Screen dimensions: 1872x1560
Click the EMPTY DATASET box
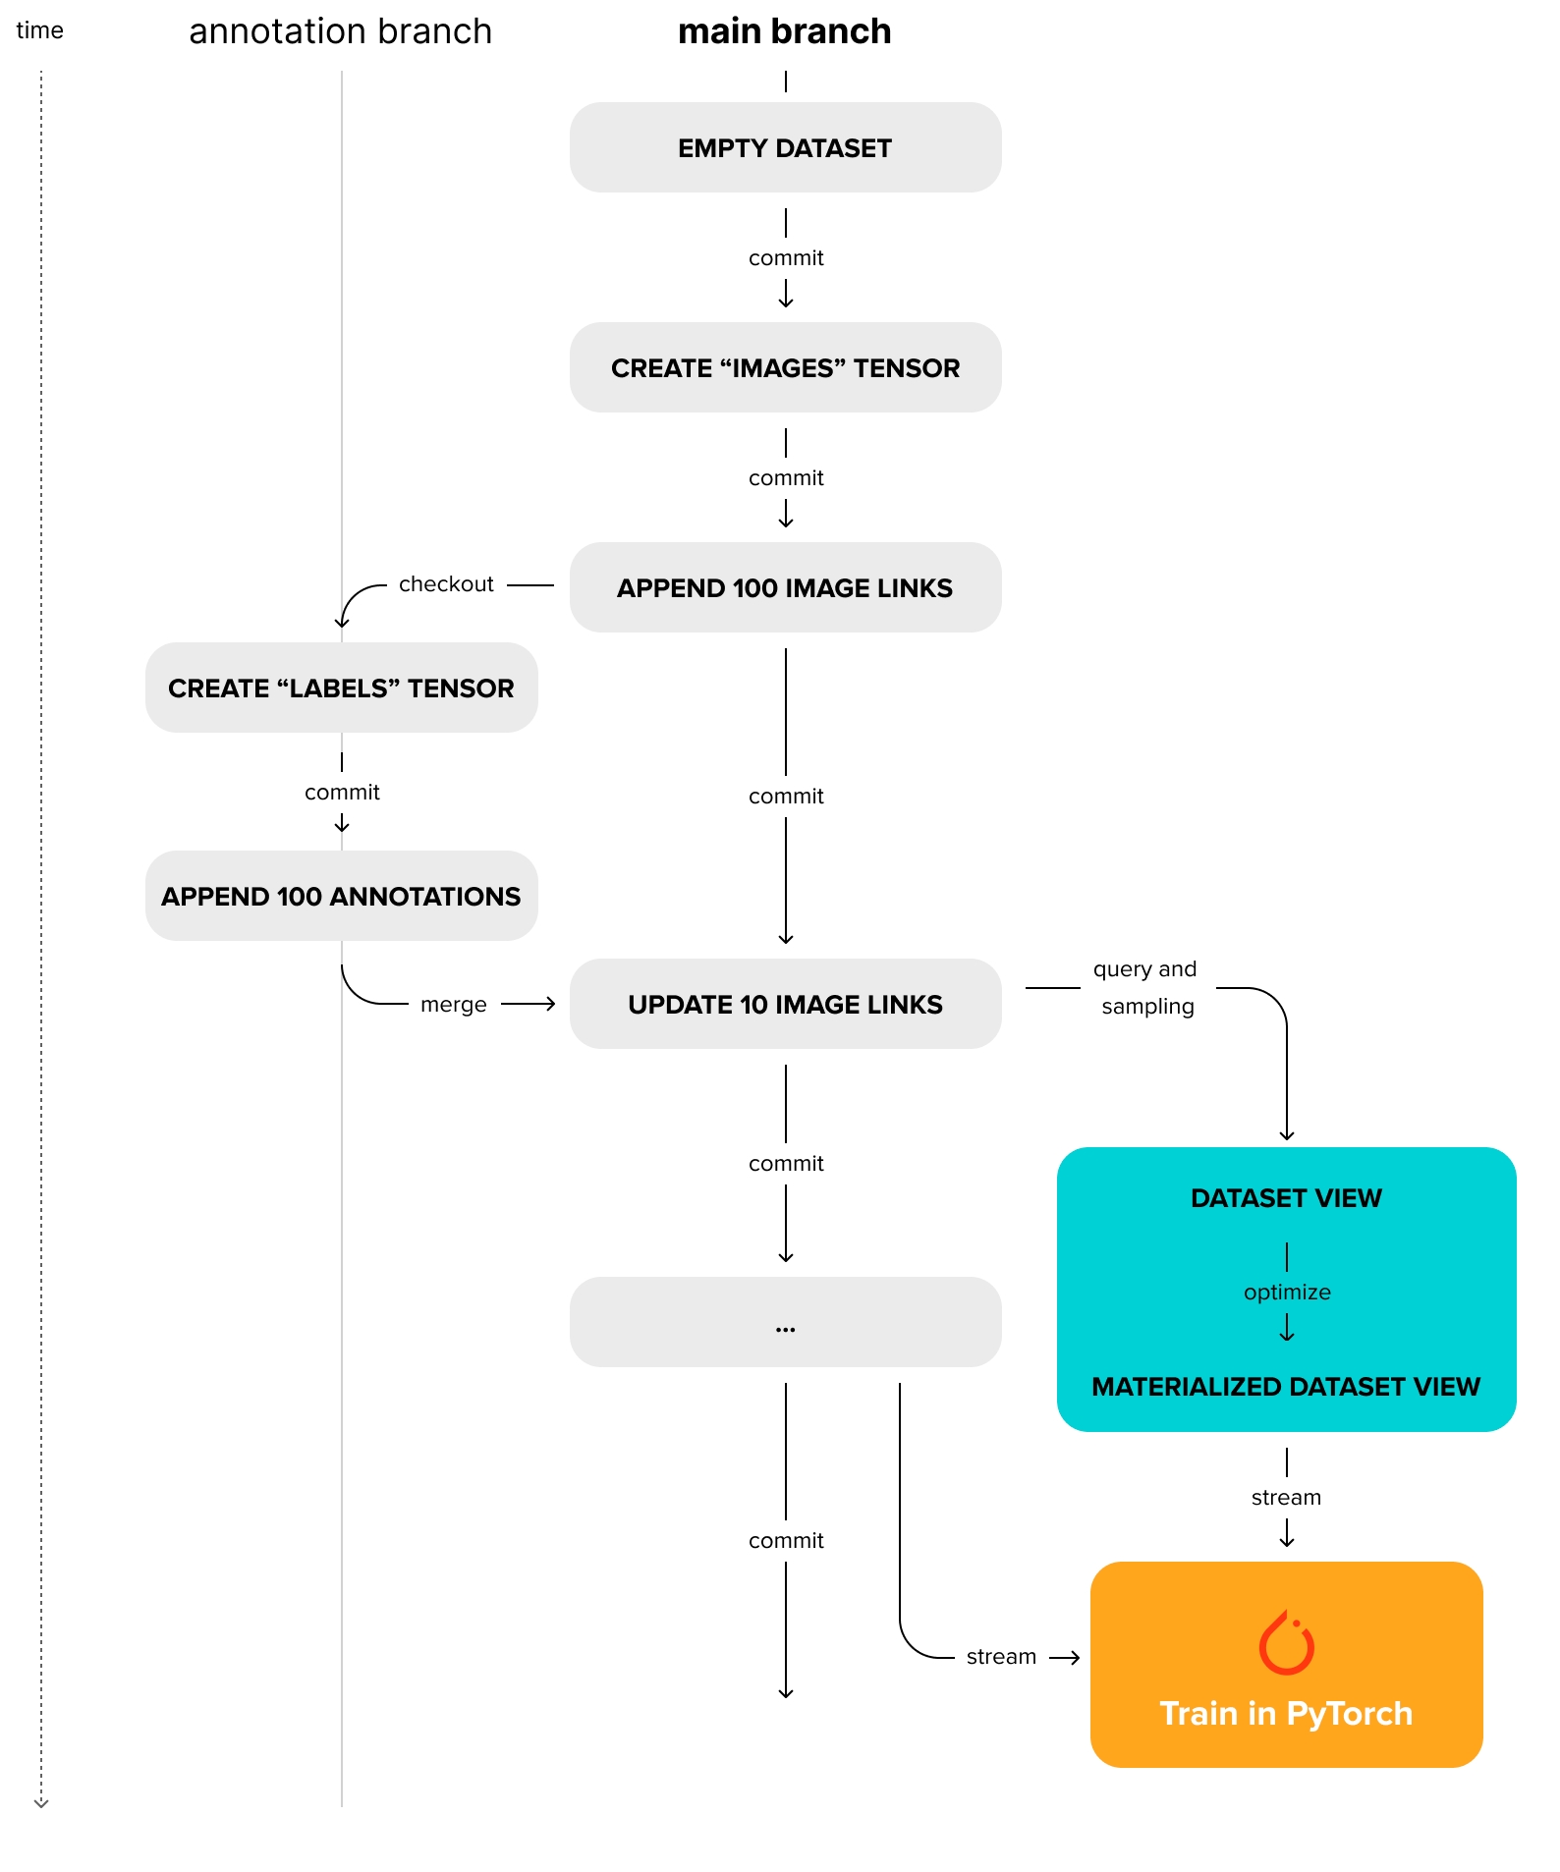(x=785, y=147)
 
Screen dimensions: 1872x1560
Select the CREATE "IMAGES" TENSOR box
(x=785, y=367)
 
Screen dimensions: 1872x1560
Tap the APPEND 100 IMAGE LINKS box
(x=785, y=587)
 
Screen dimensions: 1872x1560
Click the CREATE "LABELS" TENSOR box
(x=341, y=688)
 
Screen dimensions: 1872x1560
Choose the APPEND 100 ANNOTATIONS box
(x=341, y=896)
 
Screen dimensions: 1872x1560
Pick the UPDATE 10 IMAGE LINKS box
(x=785, y=1004)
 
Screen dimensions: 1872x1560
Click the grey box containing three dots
(x=785, y=1322)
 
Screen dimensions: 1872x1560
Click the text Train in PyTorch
(x=1286, y=1714)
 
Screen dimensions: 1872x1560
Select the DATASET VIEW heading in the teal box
(x=1286, y=1198)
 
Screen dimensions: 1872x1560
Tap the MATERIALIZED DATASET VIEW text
(x=1286, y=1387)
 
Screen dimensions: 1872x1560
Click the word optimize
(x=1287, y=1293)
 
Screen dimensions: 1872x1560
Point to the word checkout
(x=446, y=584)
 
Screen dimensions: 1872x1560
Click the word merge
(x=453, y=1005)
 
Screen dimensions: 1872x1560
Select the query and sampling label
(x=1145, y=987)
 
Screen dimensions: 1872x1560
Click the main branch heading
(x=784, y=31)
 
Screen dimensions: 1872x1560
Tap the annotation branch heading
(x=340, y=31)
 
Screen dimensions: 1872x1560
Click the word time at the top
(x=39, y=30)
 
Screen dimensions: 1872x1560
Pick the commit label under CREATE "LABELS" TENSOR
(x=342, y=793)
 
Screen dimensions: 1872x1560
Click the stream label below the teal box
(x=1286, y=1498)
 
